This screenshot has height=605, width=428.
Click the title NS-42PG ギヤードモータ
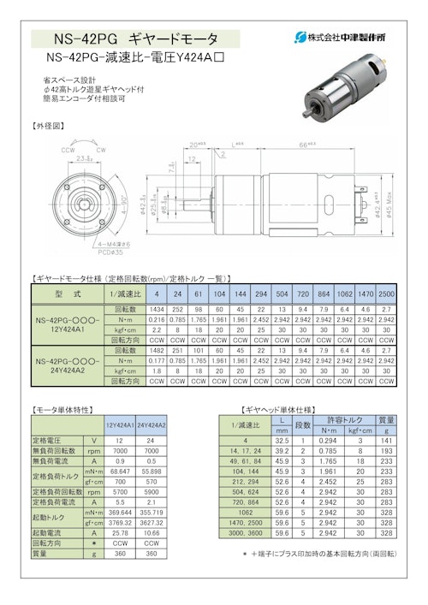pyautogui.click(x=136, y=39)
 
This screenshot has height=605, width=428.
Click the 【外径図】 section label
pyautogui.click(x=48, y=125)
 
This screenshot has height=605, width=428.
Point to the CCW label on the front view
pyautogui.click(x=67, y=149)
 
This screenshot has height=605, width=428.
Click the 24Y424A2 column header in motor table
pyautogui.click(x=152, y=424)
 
